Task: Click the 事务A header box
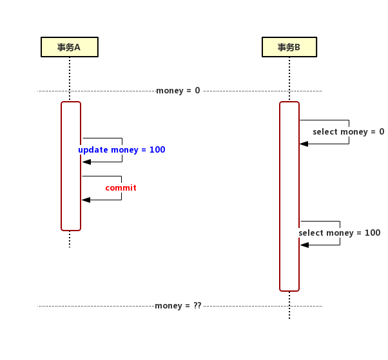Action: click(69, 47)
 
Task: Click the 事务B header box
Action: click(289, 47)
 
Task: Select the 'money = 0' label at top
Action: click(178, 91)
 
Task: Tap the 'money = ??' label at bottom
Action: click(178, 306)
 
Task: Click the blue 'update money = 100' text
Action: click(122, 150)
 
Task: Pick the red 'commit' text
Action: click(121, 188)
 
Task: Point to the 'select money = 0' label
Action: click(348, 132)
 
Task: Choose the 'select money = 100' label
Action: click(340, 233)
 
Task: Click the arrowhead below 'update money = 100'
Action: click(86, 162)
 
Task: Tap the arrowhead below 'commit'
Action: click(86, 200)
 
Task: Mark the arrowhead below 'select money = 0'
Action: click(304, 144)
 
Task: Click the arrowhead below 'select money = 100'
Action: click(304, 245)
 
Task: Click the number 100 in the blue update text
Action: click(157, 150)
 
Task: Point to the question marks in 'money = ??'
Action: click(197, 306)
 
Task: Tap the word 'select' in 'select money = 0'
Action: click(325, 132)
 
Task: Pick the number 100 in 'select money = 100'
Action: click(373, 233)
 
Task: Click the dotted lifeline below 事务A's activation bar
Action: click(70, 239)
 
